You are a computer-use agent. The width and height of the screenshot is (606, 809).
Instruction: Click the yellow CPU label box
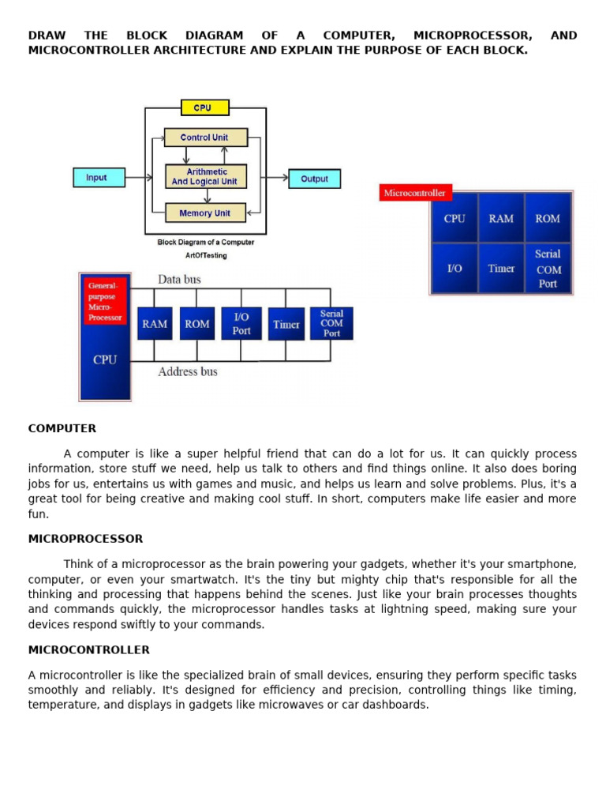pos(204,107)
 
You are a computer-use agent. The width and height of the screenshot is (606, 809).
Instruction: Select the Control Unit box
pos(205,137)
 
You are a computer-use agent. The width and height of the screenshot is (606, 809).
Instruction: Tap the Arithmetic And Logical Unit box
pos(205,176)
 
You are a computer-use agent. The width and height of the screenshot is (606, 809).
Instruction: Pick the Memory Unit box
pos(205,213)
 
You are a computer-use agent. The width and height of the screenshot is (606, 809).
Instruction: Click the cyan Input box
pos(99,178)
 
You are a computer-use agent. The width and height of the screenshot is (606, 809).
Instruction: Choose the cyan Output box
pos(314,179)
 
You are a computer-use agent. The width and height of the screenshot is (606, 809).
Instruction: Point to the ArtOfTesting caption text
pos(206,255)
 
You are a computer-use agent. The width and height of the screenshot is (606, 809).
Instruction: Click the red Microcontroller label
pos(415,193)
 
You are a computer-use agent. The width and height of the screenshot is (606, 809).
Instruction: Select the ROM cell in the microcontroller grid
pos(548,218)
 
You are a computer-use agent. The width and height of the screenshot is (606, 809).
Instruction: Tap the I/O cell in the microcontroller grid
pos(454,269)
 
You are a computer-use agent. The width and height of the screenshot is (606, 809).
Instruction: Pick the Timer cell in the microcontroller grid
pos(501,269)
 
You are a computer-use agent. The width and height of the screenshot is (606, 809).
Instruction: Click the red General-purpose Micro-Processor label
pos(105,301)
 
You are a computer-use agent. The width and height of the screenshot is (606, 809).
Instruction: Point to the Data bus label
pos(180,279)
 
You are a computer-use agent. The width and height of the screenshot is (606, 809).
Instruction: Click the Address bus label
pos(188,371)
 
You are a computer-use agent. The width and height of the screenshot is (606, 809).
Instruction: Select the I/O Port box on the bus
pos(241,324)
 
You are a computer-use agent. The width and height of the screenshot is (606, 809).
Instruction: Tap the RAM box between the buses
pos(155,324)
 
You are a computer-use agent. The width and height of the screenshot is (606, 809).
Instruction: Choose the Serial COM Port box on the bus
pos(331,323)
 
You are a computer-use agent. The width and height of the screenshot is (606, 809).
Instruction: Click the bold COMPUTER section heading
pos(62,428)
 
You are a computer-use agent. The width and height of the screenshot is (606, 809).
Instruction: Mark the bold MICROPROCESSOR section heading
pos(85,539)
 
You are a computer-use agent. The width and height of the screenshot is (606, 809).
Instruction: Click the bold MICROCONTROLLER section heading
pos(88,649)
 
